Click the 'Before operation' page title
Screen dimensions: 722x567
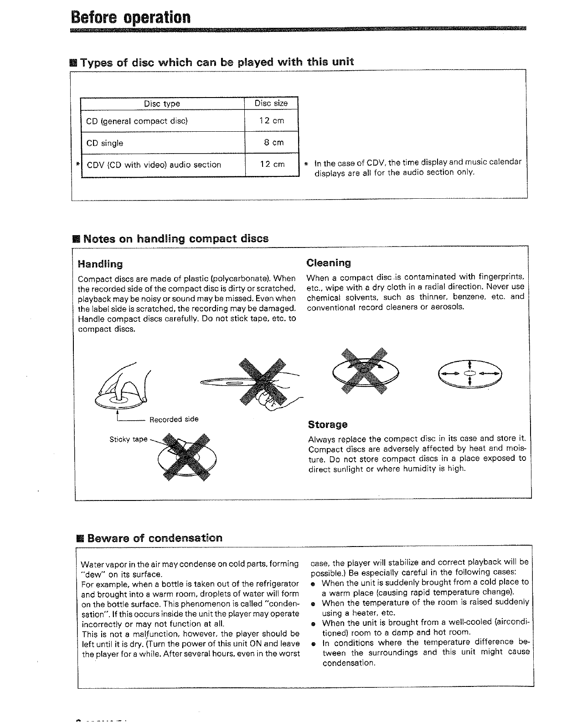130,17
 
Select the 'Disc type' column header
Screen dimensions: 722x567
162,104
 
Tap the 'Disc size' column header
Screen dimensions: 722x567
271,103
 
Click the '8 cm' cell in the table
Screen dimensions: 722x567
273,143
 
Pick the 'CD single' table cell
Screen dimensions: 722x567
105,143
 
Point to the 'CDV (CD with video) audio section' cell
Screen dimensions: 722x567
154,165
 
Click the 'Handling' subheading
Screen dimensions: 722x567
100,264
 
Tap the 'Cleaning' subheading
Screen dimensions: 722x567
329,263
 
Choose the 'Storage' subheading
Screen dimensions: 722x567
328,425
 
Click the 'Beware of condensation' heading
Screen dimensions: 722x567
155,538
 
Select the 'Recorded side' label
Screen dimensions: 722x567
174,419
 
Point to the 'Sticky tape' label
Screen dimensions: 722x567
128,439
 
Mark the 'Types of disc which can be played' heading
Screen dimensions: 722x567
216,62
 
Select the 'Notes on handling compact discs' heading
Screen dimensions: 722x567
176,239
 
